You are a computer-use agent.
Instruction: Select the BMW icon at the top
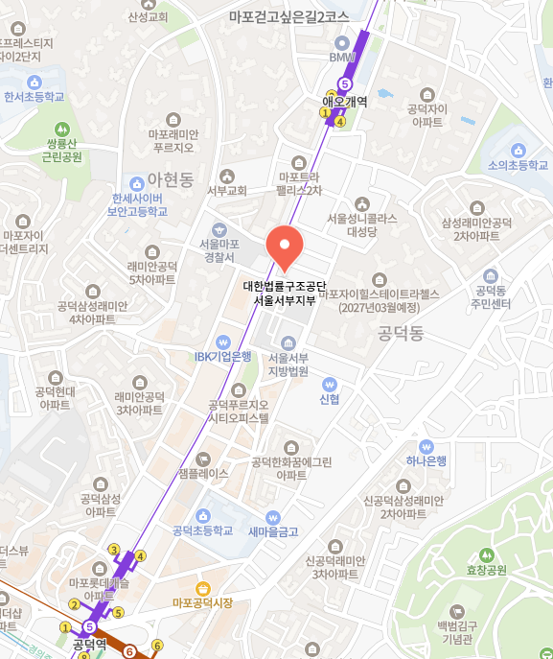(x=342, y=42)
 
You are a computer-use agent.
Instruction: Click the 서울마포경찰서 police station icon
(x=219, y=229)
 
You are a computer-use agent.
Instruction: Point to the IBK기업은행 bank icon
(x=223, y=341)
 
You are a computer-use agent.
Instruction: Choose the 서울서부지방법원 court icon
(x=288, y=342)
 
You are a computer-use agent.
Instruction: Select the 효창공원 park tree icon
(x=485, y=554)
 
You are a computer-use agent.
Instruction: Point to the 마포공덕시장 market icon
(x=202, y=588)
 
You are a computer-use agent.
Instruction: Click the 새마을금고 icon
(x=273, y=516)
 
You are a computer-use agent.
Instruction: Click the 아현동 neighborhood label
(x=172, y=179)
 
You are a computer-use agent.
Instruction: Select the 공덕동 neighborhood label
(x=401, y=334)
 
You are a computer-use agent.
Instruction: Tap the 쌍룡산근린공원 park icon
(x=63, y=128)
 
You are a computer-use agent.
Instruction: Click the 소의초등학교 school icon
(x=518, y=150)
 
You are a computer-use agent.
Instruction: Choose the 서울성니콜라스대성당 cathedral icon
(x=361, y=203)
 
